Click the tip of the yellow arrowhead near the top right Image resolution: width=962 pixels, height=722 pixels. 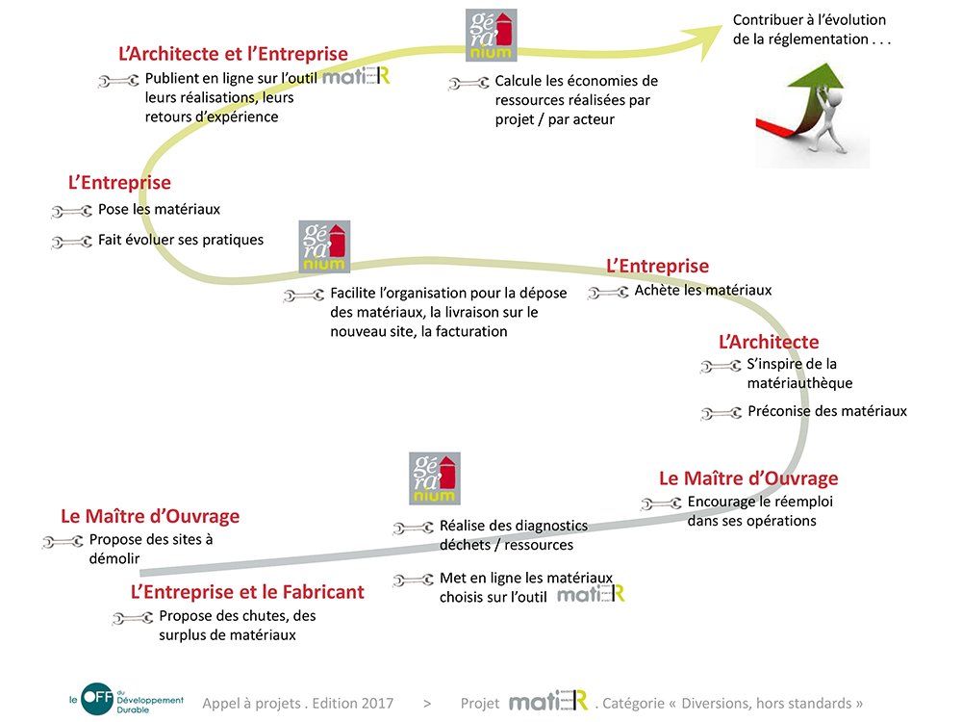[x=722, y=26]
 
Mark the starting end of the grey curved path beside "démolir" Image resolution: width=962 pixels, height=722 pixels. [x=140, y=573]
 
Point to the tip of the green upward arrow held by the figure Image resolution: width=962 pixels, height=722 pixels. [x=826, y=64]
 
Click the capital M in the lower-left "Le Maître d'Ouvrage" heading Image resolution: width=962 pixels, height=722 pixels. [x=97, y=516]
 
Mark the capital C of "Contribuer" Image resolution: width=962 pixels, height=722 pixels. [x=739, y=19]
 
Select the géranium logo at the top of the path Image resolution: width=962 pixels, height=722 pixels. [x=491, y=35]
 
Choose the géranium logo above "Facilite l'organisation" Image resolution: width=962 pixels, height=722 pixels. [x=324, y=246]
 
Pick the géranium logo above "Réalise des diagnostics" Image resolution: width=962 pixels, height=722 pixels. [x=435, y=478]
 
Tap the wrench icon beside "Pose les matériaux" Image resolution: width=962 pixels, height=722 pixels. [x=72, y=211]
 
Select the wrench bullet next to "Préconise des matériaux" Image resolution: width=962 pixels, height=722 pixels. [x=721, y=413]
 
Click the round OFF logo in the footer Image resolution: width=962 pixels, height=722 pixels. [x=97, y=699]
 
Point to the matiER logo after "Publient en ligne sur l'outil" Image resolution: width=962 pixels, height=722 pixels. [x=356, y=76]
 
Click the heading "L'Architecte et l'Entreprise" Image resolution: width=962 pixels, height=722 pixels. [x=233, y=54]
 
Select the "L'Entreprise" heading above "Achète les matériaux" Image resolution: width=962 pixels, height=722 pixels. [x=658, y=266]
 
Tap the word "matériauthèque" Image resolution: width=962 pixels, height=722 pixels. [x=800, y=383]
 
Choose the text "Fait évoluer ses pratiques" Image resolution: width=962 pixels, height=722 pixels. [x=181, y=240]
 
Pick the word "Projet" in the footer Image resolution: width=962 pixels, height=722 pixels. [x=480, y=704]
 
